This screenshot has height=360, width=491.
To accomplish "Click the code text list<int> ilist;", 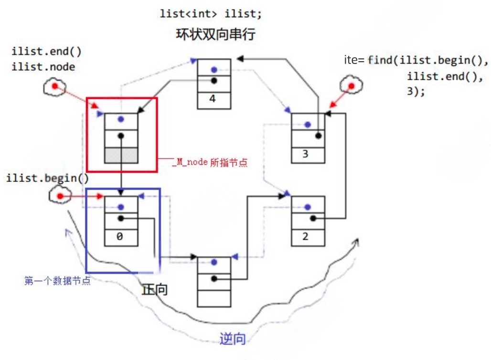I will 211,14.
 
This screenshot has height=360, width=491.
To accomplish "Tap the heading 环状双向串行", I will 211,35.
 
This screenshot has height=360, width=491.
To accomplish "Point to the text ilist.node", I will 43,67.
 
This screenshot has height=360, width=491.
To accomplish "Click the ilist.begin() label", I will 48,179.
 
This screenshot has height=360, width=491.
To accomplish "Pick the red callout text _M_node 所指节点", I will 210,162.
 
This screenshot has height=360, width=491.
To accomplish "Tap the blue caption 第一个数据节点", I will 57,281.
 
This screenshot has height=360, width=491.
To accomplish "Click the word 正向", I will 155,289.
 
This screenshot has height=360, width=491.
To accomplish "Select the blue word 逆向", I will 233,339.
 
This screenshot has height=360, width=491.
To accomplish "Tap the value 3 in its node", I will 306,154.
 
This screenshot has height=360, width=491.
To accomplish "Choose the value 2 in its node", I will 306,237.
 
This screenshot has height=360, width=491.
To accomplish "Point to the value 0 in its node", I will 120,236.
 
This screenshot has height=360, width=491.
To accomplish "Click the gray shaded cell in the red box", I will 121,155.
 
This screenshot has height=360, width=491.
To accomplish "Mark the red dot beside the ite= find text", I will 352,86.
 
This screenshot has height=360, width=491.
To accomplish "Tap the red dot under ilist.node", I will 54,86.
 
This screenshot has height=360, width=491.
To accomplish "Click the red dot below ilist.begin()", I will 60,196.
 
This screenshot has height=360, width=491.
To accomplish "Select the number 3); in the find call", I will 415,91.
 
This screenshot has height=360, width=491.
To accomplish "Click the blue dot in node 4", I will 214,69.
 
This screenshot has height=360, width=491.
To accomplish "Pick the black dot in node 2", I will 313,218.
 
